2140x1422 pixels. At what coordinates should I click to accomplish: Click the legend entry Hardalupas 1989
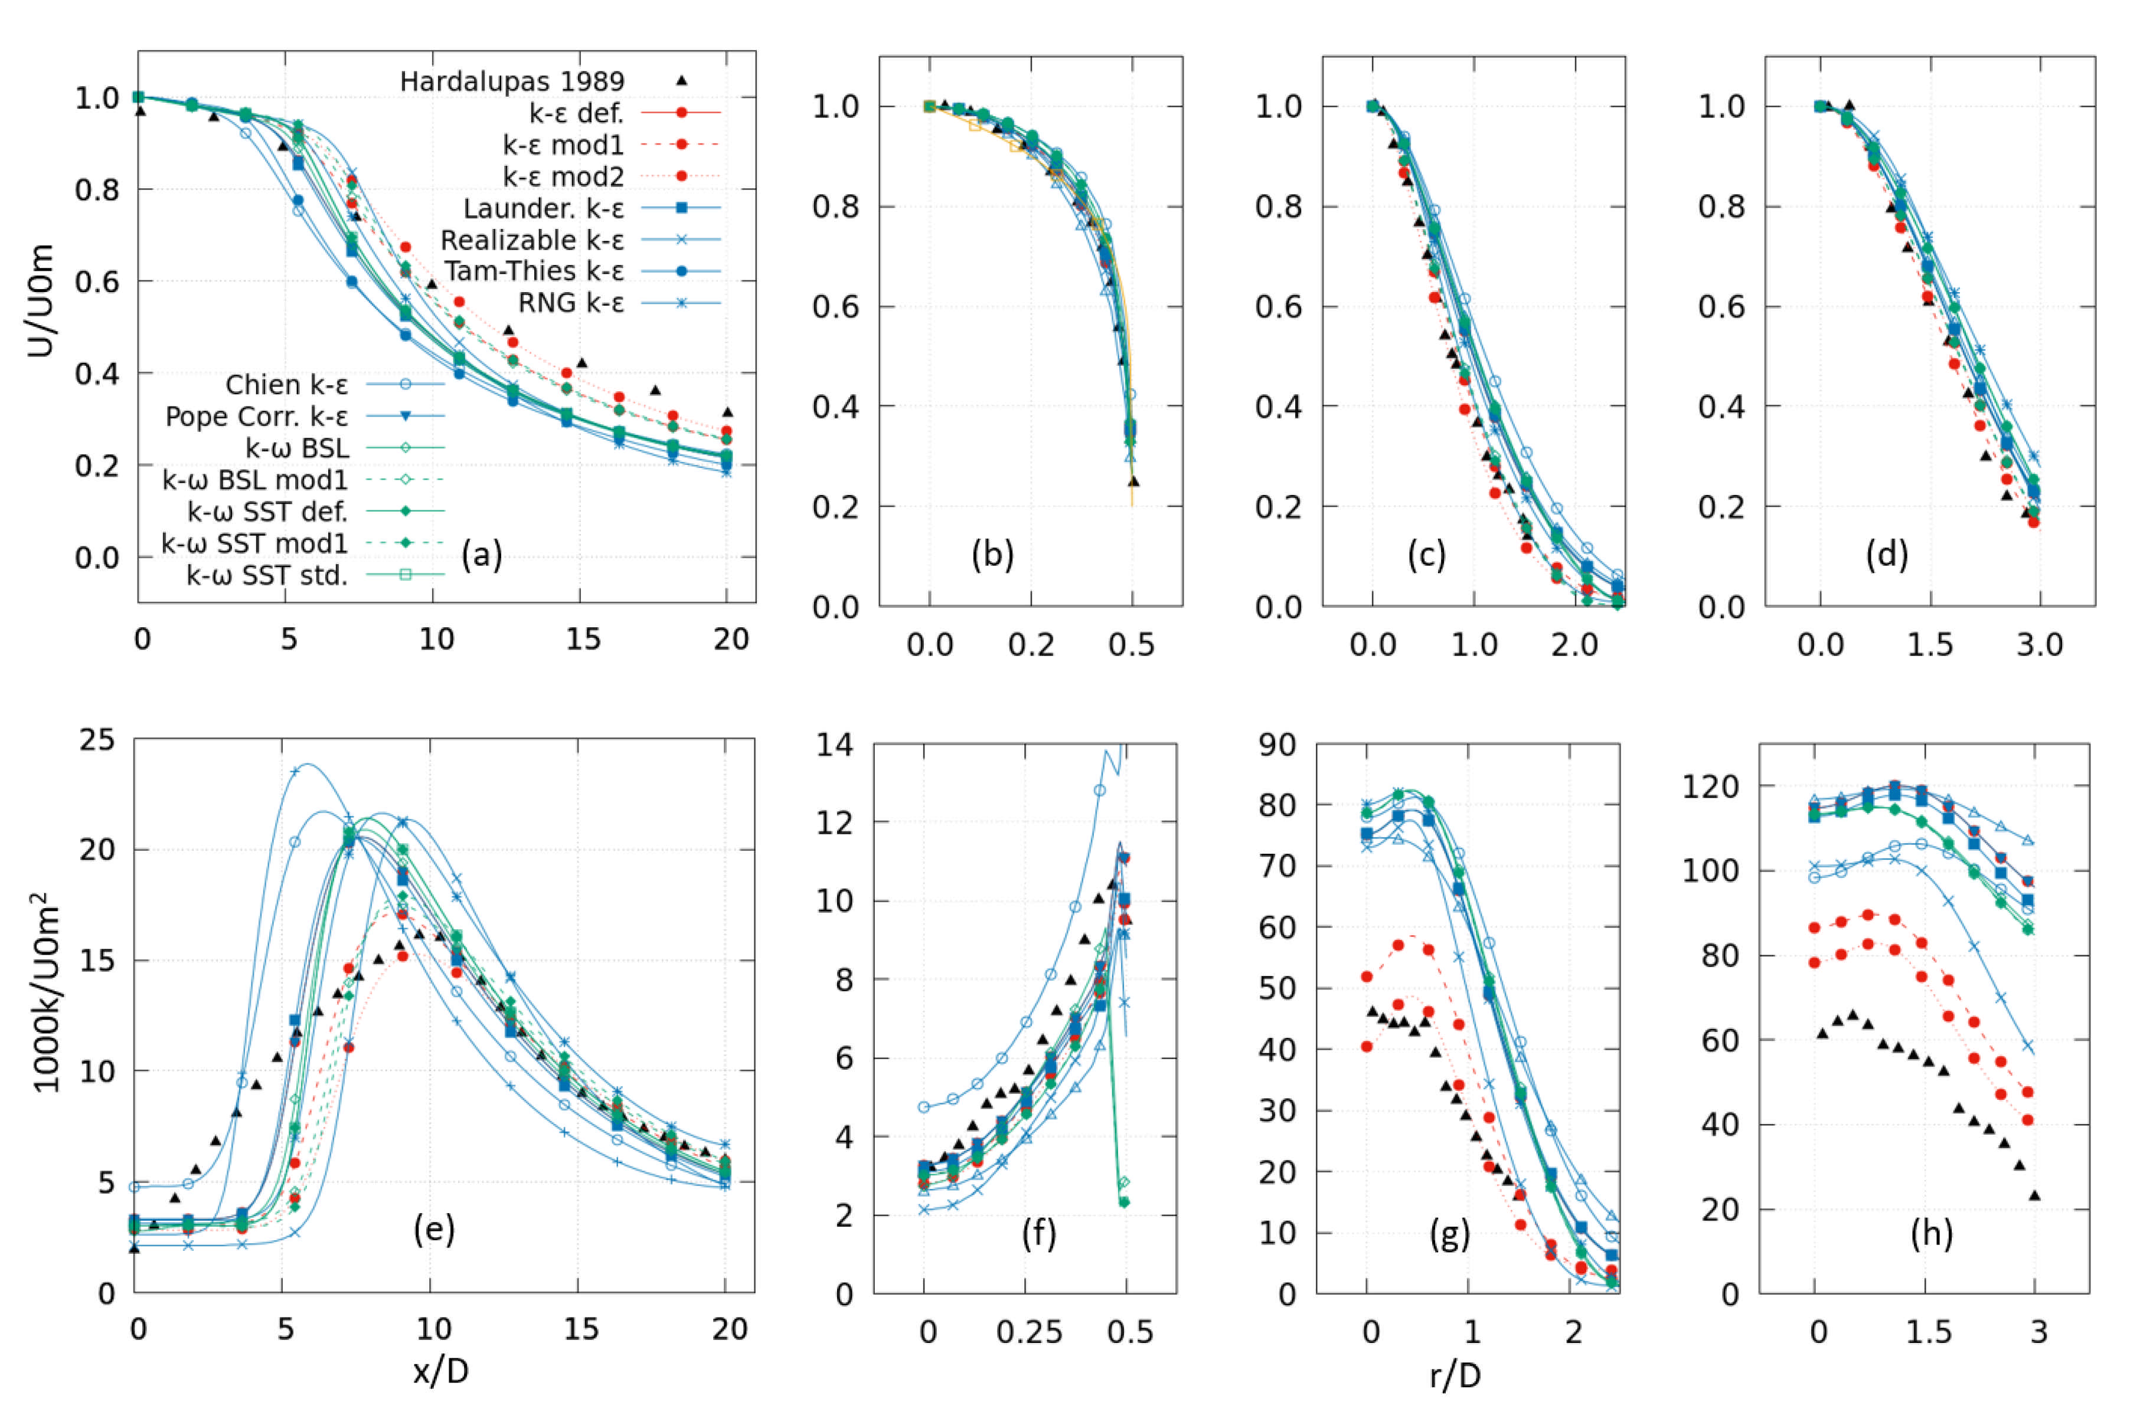click(x=512, y=81)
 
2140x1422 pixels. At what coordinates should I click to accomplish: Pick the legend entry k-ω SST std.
click(x=267, y=576)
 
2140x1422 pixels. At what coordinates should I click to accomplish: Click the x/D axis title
click(x=441, y=1371)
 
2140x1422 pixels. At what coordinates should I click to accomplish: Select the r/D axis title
click(x=1455, y=1376)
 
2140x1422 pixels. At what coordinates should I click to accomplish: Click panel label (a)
click(x=481, y=554)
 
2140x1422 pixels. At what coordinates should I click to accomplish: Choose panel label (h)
click(x=1930, y=1234)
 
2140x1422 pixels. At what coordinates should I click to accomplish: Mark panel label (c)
click(x=1426, y=554)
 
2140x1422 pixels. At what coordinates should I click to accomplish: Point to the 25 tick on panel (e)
click(x=97, y=740)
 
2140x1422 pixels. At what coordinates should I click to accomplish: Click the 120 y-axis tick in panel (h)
click(x=1711, y=787)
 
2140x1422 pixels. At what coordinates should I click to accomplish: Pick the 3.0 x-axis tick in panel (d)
click(x=2039, y=645)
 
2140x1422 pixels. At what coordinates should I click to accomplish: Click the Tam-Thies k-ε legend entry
click(x=534, y=271)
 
